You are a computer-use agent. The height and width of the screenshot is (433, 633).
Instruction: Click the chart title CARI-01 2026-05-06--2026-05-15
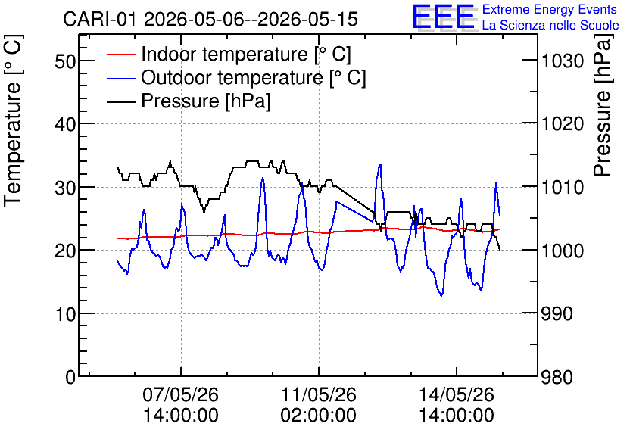click(x=210, y=19)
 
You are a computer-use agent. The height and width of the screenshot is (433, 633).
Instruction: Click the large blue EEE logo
click(x=443, y=17)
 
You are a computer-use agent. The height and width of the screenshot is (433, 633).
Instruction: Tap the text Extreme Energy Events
click(x=550, y=9)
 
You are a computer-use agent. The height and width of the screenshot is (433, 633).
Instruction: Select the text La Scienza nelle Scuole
click(x=550, y=25)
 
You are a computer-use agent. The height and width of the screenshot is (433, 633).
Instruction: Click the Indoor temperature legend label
click(x=246, y=54)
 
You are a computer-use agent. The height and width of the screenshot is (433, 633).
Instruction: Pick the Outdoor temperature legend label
click(x=253, y=77)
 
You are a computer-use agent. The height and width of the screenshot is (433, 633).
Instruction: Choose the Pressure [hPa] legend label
click(x=205, y=101)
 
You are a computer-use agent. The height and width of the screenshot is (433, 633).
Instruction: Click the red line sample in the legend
click(x=120, y=55)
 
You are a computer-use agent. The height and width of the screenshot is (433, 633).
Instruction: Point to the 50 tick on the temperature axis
click(x=65, y=61)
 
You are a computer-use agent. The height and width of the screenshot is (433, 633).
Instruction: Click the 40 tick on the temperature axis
click(x=65, y=124)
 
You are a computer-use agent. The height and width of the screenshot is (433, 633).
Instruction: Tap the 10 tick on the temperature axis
click(x=65, y=314)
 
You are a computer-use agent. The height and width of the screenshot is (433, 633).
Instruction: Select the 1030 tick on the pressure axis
click(x=563, y=61)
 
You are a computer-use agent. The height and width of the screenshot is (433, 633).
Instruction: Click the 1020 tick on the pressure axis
click(x=563, y=124)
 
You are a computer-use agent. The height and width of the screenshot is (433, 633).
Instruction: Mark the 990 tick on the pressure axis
click(x=557, y=314)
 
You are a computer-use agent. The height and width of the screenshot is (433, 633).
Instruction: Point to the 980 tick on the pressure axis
click(x=557, y=377)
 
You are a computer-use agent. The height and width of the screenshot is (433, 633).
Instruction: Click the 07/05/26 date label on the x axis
click(x=180, y=394)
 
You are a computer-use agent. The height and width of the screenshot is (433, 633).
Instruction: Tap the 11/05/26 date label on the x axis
click(x=319, y=394)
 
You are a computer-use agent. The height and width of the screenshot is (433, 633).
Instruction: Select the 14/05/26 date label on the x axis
click(x=457, y=394)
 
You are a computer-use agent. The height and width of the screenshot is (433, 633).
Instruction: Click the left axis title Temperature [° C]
click(x=13, y=121)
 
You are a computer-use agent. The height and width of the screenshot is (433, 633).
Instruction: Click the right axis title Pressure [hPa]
click(x=603, y=105)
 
